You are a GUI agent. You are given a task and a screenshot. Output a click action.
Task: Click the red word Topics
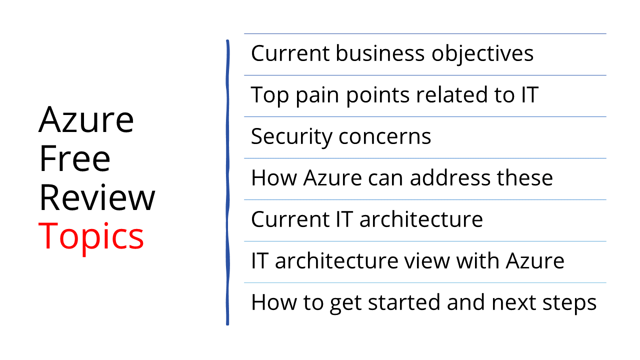[91, 236]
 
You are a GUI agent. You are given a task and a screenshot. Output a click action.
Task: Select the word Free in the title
[74, 158]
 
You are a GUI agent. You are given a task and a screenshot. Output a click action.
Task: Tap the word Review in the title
[97, 197]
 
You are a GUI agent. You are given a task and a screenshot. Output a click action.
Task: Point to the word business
[380, 53]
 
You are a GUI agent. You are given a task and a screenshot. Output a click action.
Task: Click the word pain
[317, 95]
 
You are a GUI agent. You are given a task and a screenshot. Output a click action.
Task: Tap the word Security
[291, 136]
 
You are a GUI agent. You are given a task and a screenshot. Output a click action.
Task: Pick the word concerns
[384, 136]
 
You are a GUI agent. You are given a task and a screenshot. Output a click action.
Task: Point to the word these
[525, 177]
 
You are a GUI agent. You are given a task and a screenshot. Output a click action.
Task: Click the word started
[404, 302]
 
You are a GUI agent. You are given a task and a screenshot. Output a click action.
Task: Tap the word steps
[569, 303]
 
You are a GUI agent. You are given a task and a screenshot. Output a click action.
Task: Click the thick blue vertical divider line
[227, 182]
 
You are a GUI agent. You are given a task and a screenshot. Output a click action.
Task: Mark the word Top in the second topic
[269, 95]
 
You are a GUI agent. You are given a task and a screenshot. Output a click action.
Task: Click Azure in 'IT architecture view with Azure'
[535, 260]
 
